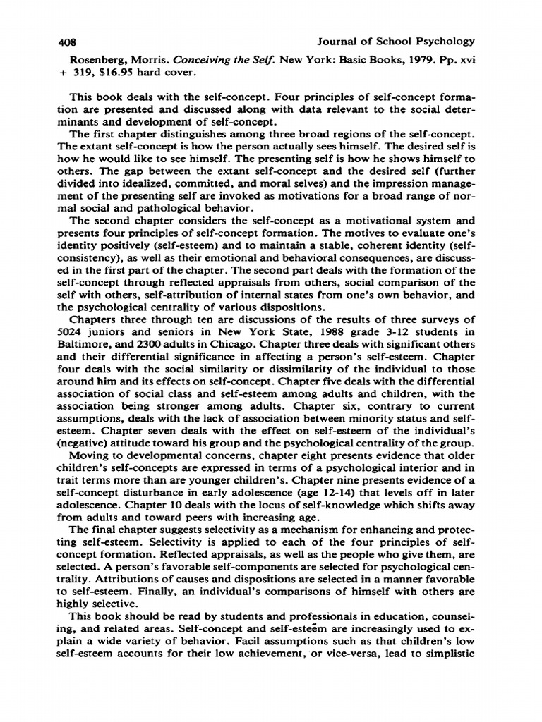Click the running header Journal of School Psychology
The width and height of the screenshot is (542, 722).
coord(397,42)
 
